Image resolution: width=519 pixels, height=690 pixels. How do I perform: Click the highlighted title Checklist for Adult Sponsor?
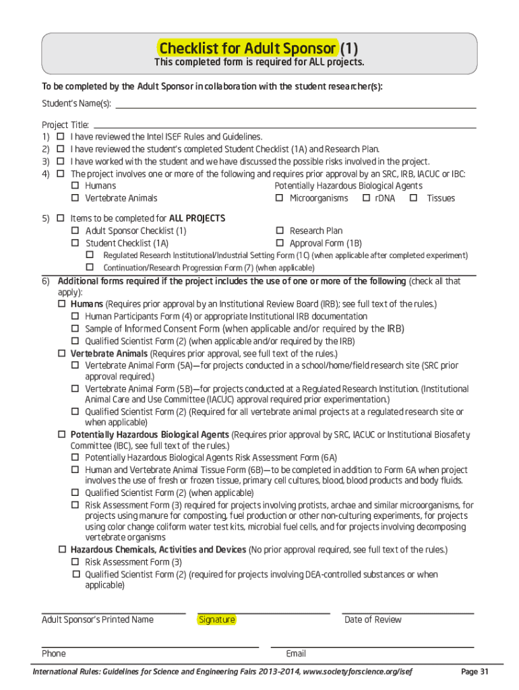[x=247, y=49]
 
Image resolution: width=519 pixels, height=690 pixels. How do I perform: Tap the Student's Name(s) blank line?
[x=296, y=105]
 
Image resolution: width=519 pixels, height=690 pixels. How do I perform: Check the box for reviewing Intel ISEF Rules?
[x=60, y=137]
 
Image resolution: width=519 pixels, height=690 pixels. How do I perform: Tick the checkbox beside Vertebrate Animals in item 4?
[x=75, y=198]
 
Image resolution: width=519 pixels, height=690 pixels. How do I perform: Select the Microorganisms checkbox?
[x=279, y=198]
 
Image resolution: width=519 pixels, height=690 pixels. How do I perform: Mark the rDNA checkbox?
[x=366, y=198]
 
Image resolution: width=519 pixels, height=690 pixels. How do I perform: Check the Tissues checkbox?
[x=413, y=198]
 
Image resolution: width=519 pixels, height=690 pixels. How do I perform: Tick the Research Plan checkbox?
[x=279, y=230]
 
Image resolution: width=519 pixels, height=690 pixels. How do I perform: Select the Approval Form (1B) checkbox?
[x=279, y=243]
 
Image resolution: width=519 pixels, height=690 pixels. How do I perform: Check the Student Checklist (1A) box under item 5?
[x=75, y=243]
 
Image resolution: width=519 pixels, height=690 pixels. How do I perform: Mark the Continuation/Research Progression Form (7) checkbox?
[x=88, y=268]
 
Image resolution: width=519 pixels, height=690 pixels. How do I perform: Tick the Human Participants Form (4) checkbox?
[x=75, y=316]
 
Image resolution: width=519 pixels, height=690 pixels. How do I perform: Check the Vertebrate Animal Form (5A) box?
[x=75, y=365]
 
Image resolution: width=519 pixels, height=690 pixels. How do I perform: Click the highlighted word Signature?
[x=216, y=620]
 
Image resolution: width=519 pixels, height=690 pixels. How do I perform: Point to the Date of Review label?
[x=372, y=620]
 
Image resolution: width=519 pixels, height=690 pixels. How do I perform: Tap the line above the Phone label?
[x=150, y=647]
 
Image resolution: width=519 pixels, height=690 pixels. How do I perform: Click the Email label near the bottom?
[x=296, y=654]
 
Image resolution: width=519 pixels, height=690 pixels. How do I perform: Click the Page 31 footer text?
[x=474, y=672]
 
